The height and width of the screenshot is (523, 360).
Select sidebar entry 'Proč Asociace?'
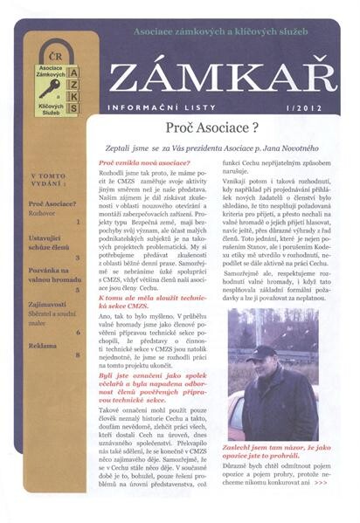point(51,203)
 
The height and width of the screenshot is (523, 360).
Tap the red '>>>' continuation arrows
point(321,506)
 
